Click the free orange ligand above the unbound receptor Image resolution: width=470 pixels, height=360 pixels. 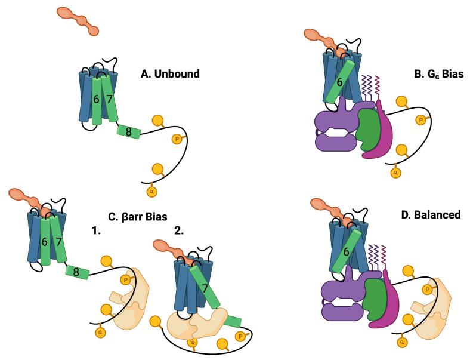[x=78, y=20]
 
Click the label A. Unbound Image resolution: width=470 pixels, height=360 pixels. [x=169, y=75]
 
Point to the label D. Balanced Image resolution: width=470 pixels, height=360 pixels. [x=430, y=214]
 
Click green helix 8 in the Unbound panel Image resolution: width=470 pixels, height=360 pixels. [x=128, y=131]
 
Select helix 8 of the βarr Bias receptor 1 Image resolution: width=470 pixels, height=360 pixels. [x=77, y=272]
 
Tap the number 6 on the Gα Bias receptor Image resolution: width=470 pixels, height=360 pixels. [x=339, y=83]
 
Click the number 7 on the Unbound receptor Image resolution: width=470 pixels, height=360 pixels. [x=109, y=98]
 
